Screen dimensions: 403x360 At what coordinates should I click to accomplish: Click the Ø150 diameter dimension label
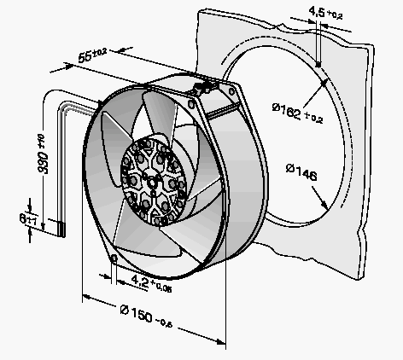(x=147, y=315)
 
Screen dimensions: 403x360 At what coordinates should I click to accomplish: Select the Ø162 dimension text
(x=297, y=113)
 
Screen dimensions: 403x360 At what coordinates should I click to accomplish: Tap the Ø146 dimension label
(x=301, y=172)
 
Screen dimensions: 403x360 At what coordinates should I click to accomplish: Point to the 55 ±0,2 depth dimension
(x=92, y=55)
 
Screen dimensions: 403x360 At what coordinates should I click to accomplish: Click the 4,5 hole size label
(x=325, y=13)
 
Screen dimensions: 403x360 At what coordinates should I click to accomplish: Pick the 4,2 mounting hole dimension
(x=151, y=284)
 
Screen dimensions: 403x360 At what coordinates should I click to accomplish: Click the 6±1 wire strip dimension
(x=28, y=219)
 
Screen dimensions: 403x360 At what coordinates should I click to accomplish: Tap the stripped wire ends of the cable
(x=61, y=229)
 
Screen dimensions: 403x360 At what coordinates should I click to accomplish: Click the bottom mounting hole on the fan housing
(x=114, y=258)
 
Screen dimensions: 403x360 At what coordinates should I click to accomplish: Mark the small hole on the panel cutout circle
(x=318, y=65)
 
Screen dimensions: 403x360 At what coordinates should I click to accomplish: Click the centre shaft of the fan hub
(x=153, y=183)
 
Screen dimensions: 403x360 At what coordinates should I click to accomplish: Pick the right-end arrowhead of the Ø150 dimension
(x=220, y=341)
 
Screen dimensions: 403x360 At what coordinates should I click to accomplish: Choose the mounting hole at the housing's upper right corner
(x=231, y=91)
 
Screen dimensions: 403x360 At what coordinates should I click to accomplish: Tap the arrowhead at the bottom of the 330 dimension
(x=44, y=226)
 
